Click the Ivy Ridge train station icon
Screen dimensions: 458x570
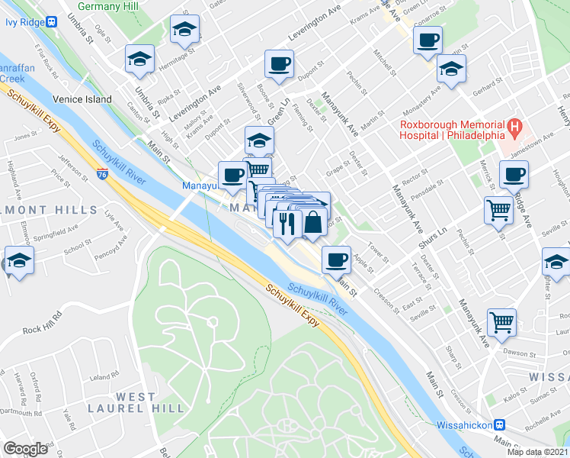(51, 22)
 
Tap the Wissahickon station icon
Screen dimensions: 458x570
(500, 425)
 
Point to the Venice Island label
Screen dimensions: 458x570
(82, 99)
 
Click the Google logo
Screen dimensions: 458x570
(26, 449)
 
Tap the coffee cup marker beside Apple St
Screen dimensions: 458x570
(335, 260)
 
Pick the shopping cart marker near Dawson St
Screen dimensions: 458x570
(501, 322)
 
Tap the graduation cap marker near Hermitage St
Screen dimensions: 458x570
(140, 60)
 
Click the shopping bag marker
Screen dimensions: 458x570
(313, 223)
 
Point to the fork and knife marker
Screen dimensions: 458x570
(286, 223)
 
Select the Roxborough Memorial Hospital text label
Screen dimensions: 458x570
(453, 130)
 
